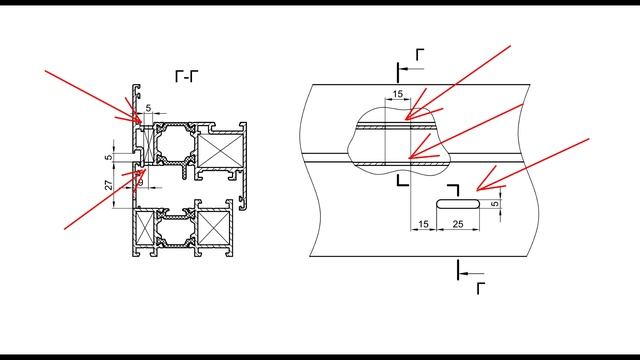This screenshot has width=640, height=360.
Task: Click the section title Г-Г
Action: click(x=187, y=76)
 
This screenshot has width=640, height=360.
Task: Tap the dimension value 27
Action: click(x=109, y=185)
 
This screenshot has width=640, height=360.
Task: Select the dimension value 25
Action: click(x=458, y=224)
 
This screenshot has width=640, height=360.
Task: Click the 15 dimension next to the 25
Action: click(x=424, y=224)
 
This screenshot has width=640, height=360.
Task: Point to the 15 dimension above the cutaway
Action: click(x=398, y=94)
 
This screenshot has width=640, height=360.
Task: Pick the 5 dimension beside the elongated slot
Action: click(x=495, y=203)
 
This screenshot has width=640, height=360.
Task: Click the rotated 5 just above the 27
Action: click(x=109, y=157)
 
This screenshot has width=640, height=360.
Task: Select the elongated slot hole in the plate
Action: click(x=458, y=204)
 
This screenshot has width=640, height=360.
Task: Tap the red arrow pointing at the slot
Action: click(x=533, y=164)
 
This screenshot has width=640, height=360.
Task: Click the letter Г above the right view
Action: click(x=420, y=54)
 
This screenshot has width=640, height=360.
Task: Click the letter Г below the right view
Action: click(x=481, y=288)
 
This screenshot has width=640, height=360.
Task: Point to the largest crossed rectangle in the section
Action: click(x=220, y=151)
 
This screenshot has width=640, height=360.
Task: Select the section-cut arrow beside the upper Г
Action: click(x=411, y=69)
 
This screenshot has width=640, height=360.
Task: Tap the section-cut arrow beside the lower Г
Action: click(x=472, y=273)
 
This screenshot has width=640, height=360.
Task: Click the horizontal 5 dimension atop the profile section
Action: click(x=148, y=108)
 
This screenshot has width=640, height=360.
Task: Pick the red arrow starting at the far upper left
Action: click(x=93, y=96)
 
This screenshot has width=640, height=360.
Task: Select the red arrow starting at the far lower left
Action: click(x=105, y=199)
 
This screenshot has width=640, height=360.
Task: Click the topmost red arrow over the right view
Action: click(x=458, y=82)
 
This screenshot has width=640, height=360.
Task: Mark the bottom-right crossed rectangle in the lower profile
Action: click(x=212, y=228)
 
